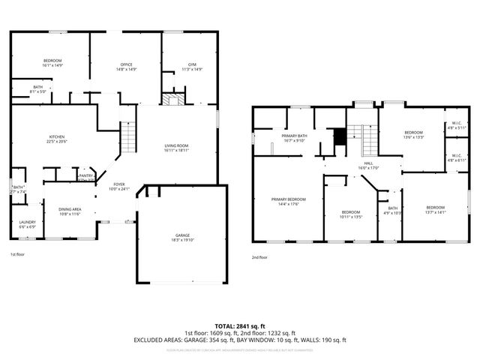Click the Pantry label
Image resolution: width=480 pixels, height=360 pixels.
86,177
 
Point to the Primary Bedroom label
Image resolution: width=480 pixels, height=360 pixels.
289,201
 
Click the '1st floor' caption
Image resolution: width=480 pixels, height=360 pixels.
18,256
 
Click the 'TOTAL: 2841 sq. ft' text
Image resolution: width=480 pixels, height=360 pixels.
240,325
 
